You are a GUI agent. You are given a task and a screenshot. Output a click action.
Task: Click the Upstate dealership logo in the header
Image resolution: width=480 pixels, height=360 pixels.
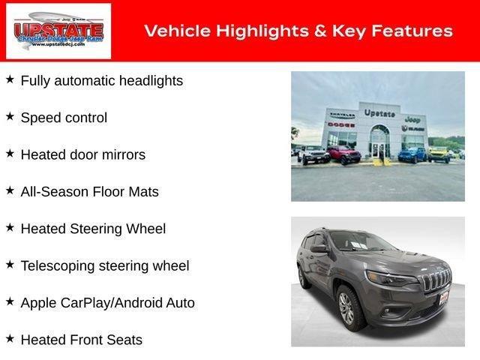pyautogui.click(x=58, y=31)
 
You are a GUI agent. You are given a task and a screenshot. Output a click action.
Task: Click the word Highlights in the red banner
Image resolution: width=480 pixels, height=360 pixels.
pyautogui.click(x=244, y=31)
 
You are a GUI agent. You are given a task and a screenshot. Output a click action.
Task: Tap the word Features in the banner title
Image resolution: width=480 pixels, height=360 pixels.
pyautogui.click(x=415, y=31)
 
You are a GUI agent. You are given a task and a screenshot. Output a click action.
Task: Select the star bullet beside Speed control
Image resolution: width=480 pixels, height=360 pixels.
pyautogui.click(x=10, y=116)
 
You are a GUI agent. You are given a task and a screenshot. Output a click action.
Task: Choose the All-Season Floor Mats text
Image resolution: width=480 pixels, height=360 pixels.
pyautogui.click(x=89, y=192)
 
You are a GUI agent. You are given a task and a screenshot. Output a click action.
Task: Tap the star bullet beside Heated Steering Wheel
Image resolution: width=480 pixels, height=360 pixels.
pyautogui.click(x=10, y=227)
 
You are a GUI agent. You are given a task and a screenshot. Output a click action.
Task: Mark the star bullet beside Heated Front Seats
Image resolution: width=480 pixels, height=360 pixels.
pyautogui.click(x=10, y=339)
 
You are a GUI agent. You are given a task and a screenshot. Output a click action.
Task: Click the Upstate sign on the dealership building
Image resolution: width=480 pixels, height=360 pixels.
pyautogui.click(x=379, y=112)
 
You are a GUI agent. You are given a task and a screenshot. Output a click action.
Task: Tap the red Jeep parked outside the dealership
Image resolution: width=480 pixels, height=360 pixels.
pyautogui.click(x=343, y=154)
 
